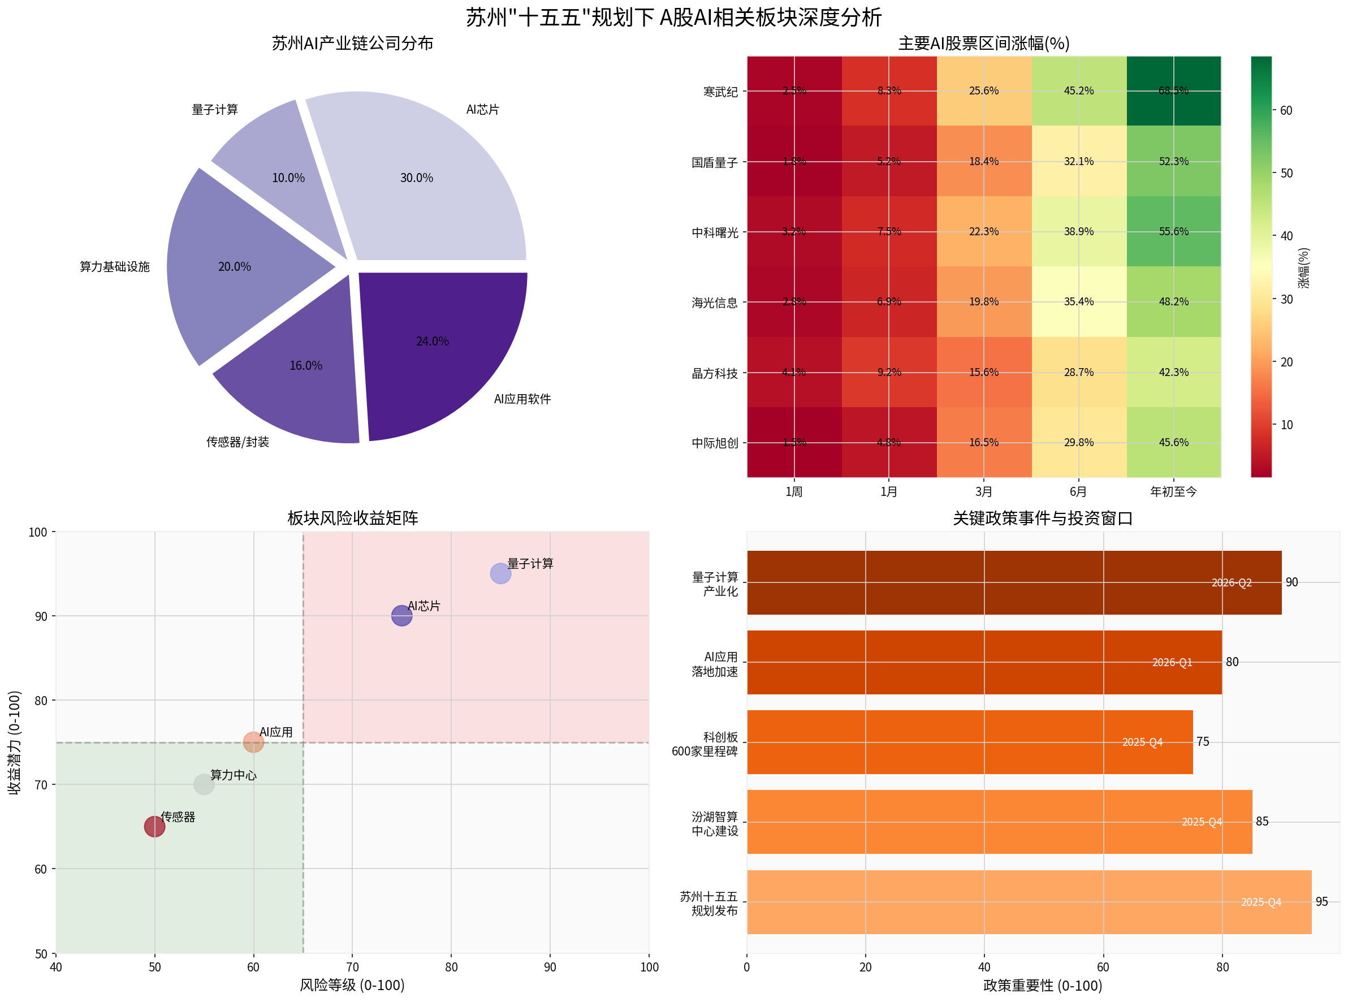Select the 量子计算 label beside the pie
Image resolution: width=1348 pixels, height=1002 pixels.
click(x=215, y=110)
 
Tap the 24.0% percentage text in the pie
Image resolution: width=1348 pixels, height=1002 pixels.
click(x=433, y=342)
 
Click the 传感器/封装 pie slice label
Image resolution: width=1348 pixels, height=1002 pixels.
click(x=237, y=442)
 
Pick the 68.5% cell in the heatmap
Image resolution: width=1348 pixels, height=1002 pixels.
click(x=1173, y=91)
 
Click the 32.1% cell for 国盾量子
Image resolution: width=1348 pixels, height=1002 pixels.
click(x=1079, y=161)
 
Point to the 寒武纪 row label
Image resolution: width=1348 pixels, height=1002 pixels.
click(x=720, y=92)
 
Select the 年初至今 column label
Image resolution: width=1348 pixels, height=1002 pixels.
click(x=1173, y=492)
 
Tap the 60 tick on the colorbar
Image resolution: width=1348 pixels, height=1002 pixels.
click(x=1286, y=110)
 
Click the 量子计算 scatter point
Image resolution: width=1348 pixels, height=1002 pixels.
click(x=500, y=573)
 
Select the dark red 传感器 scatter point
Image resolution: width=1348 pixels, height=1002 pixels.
click(x=154, y=826)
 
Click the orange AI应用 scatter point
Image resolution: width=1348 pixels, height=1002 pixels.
click(x=253, y=742)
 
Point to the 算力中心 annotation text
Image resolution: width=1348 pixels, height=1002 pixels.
click(x=233, y=775)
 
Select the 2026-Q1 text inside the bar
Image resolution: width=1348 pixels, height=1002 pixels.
click(x=1172, y=662)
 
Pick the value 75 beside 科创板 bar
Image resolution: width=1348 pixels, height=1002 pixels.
click(x=1203, y=742)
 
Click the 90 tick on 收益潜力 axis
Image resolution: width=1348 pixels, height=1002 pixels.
click(x=41, y=616)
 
